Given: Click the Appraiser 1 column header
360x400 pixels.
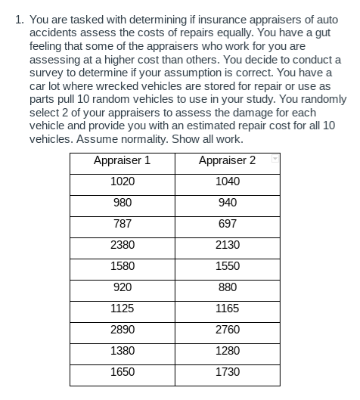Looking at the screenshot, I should pos(122,160).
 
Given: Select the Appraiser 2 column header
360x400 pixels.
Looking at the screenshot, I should pos(227,160).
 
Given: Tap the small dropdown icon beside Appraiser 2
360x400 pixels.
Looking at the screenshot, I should pos(275,160).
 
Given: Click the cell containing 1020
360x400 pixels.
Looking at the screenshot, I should pos(122,181).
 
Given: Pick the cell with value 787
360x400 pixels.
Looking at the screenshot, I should pos(122,224).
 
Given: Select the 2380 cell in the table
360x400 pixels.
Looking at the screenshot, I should pos(122,245).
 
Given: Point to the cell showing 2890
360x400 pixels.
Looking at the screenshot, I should pos(122,330).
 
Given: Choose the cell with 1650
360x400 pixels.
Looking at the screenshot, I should pos(122,372).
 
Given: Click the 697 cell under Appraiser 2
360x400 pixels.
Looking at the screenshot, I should pos(227,224).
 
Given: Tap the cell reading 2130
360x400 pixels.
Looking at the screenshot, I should pos(227,245).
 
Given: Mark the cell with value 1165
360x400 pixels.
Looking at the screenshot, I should pos(227,309).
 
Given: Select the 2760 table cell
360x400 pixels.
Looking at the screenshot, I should pos(227,330).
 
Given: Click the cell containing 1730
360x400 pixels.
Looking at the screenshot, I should pos(227,372).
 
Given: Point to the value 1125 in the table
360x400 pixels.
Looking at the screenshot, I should pos(122,309).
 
